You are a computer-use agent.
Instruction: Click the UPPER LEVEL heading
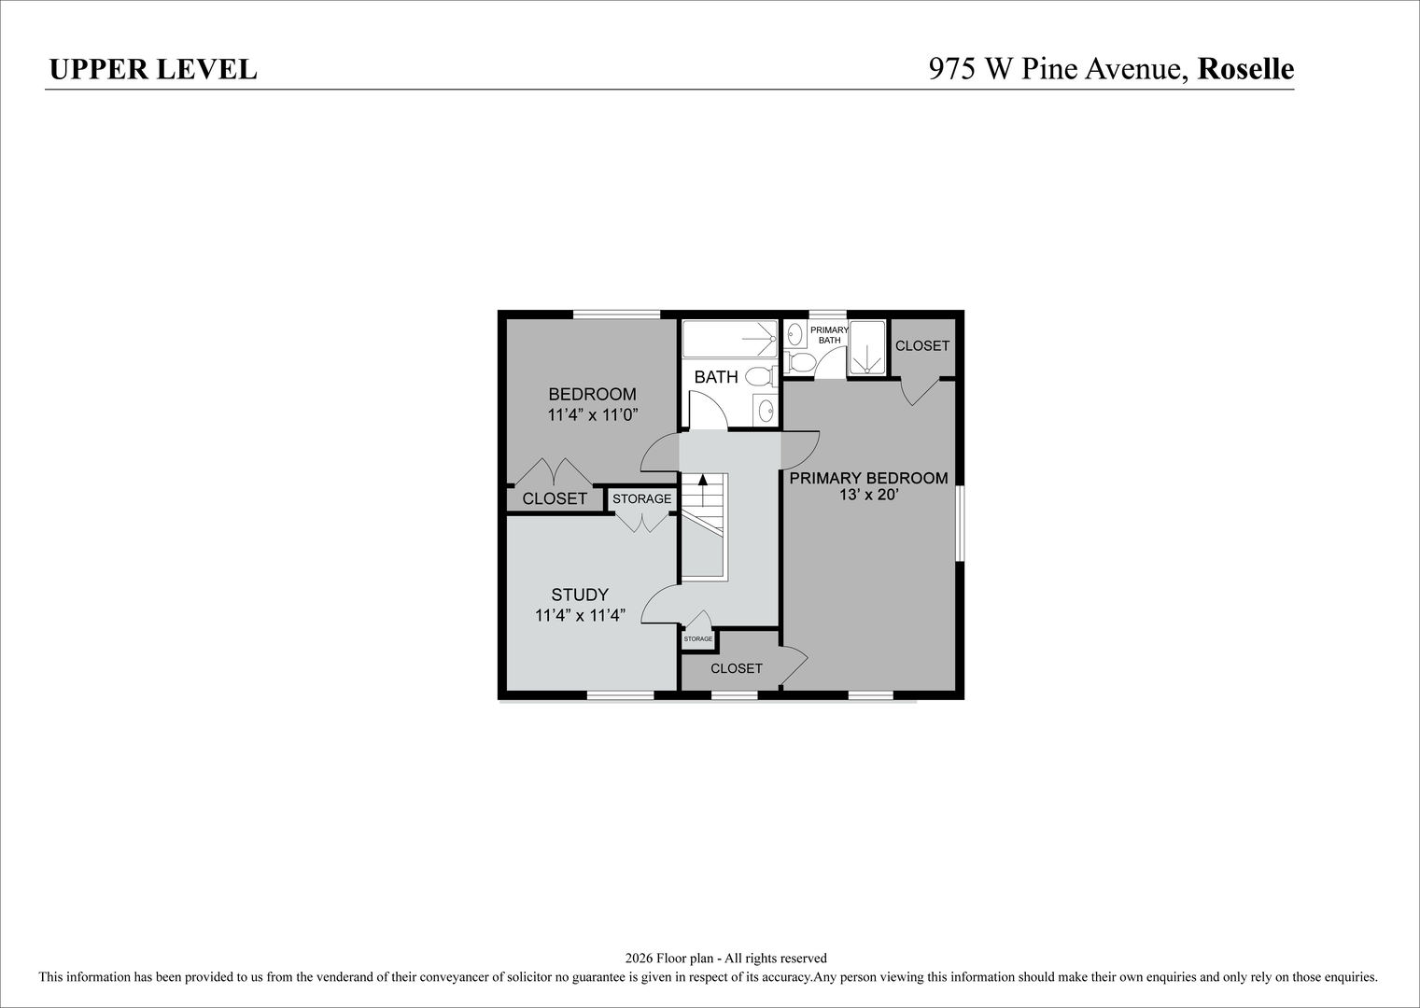153,69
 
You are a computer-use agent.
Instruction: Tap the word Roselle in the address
1245,69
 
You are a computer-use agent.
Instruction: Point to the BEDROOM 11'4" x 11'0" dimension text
592,415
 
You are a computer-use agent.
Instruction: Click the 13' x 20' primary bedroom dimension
868,495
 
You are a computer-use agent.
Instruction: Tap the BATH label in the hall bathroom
716,377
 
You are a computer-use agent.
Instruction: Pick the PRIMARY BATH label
829,335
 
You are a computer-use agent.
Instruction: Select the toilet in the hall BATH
761,376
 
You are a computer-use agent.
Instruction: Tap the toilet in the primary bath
800,363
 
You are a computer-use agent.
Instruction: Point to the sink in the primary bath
794,334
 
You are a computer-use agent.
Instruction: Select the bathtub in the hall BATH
730,339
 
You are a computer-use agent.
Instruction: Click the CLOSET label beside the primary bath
921,346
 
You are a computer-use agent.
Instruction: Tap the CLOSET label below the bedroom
554,499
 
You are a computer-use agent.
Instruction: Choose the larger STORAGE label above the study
641,498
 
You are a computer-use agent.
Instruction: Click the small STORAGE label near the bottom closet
698,638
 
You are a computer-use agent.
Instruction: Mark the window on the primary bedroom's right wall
960,524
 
